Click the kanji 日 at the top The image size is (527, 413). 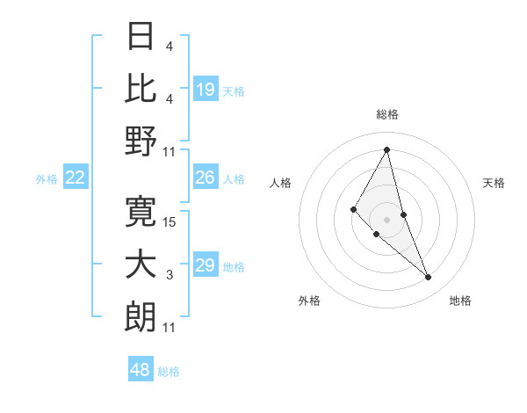click(x=141, y=38)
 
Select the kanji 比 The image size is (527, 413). click(x=141, y=88)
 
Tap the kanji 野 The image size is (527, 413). click(x=141, y=140)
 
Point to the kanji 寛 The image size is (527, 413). click(x=141, y=212)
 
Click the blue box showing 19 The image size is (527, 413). click(x=206, y=90)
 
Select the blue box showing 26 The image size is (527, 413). click(x=206, y=178)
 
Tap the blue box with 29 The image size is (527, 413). click(x=206, y=265)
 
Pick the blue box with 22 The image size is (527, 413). click(x=76, y=178)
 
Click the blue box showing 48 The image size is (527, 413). click(x=141, y=370)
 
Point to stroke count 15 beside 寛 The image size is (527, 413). click(x=170, y=222)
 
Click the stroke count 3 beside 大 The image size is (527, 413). click(x=170, y=275)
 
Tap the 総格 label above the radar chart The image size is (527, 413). click(x=387, y=114)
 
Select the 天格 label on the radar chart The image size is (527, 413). click(x=494, y=183)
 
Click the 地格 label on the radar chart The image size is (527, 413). click(x=460, y=301)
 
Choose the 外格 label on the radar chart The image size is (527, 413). click(x=309, y=301)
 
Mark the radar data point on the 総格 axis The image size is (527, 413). click(x=387, y=149)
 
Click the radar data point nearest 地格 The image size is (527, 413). click(x=429, y=277)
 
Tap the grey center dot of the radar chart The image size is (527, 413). click(x=387, y=219)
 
